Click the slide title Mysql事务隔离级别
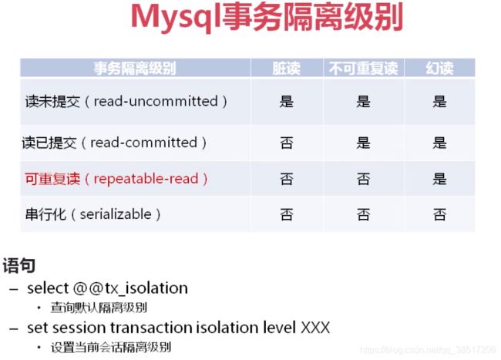[x=267, y=18]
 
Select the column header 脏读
[x=286, y=68]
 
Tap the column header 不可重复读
[x=363, y=68]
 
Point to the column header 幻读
[x=439, y=68]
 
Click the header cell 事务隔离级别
[x=135, y=68]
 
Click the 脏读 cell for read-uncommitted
[x=286, y=102]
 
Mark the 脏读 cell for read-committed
[x=286, y=143]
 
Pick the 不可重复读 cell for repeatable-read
[x=363, y=179]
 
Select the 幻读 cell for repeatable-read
[x=439, y=179]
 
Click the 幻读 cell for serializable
[x=439, y=214]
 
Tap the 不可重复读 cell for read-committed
[x=363, y=143]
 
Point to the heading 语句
[x=18, y=265]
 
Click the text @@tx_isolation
[x=130, y=288]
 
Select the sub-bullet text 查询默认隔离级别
[x=99, y=308]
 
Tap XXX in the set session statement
[x=315, y=328]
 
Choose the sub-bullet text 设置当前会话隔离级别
[x=110, y=347]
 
